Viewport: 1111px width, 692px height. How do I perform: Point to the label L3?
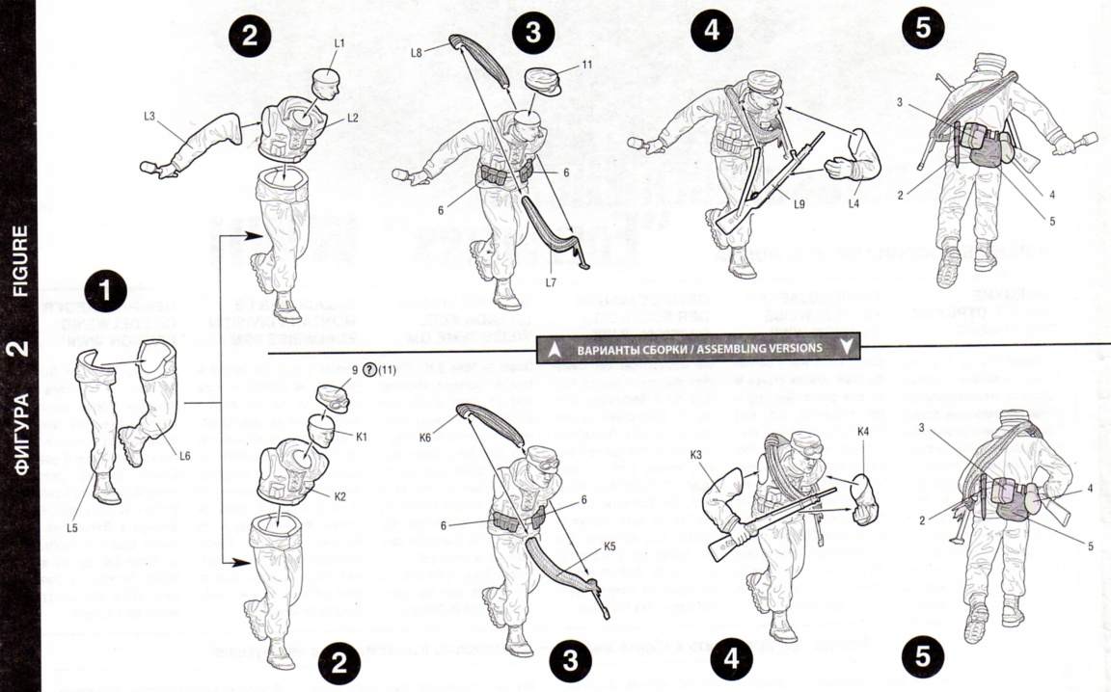(x=149, y=117)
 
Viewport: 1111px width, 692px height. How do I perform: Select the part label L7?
(x=550, y=282)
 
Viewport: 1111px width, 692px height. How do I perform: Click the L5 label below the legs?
(x=71, y=527)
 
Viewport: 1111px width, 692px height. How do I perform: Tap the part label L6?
(x=184, y=456)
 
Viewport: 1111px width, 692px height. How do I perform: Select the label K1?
(x=362, y=437)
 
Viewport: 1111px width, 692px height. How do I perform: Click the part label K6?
(x=426, y=438)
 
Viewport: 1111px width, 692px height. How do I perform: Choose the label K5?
(x=610, y=546)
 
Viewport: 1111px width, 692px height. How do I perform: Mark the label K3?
(x=697, y=453)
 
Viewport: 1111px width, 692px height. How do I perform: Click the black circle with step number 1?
(x=105, y=289)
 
